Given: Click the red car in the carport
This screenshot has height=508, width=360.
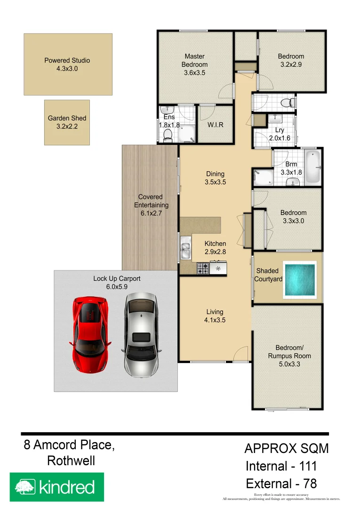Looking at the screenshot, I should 91,334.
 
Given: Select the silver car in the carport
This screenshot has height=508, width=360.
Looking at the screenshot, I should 141,335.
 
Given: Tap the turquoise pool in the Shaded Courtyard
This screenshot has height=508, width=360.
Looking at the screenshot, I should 299,280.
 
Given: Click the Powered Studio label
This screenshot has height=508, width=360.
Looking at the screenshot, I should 67,64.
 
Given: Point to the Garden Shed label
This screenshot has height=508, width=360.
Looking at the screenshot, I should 67,122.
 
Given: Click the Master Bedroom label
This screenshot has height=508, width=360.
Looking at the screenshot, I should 194,64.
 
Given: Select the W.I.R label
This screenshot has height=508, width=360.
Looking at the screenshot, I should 215,125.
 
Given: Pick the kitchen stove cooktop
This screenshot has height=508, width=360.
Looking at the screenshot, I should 203,269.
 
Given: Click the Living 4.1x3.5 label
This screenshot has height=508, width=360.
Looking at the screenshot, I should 215,316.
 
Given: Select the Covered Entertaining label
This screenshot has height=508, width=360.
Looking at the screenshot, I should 151,205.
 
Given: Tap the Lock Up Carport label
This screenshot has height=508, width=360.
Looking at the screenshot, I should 117,282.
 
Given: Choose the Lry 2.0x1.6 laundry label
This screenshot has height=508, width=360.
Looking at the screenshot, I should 279,135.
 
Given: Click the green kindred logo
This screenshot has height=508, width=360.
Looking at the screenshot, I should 56,487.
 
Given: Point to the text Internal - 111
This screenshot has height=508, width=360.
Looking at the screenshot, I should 281,467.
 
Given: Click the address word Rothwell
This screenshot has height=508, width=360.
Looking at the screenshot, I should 71,461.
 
